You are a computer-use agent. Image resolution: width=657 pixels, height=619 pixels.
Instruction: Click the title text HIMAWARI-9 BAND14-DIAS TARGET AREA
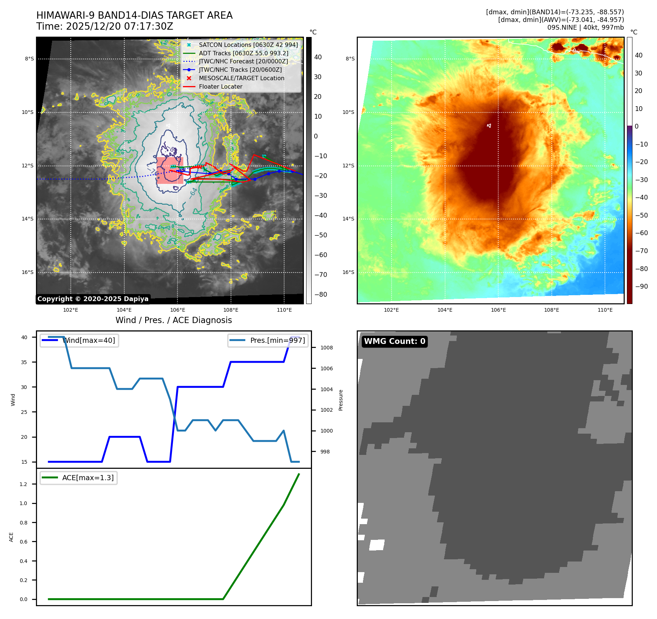134,15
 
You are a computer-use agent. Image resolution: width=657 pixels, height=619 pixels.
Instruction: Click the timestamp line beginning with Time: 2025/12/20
104,26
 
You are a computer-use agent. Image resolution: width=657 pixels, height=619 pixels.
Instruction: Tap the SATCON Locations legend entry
248,45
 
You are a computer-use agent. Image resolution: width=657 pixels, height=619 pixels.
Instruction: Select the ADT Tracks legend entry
243,53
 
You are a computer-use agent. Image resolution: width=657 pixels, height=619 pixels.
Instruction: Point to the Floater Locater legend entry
220,87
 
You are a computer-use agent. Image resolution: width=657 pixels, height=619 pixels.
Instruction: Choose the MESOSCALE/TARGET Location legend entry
241,78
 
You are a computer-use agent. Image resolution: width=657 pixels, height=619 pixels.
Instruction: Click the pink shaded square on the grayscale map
170,170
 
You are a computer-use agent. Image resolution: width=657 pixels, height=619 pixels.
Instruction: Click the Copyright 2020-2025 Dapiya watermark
93,299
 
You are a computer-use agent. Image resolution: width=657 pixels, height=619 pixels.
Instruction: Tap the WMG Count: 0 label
394,341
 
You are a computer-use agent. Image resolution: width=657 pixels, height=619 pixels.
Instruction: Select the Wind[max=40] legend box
79,341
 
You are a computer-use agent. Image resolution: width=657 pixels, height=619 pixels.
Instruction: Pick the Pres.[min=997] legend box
268,341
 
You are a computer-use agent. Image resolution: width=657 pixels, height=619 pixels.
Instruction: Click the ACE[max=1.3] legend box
78,478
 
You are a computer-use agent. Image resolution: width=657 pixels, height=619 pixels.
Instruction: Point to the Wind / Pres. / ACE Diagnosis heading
173,320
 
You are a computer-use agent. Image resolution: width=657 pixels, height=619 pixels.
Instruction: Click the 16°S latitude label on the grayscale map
27,272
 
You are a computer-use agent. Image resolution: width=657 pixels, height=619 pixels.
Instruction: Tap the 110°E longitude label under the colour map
605,310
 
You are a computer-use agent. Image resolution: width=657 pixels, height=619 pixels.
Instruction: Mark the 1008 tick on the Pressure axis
326,348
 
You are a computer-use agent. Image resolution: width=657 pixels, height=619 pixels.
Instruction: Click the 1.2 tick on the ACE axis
23,484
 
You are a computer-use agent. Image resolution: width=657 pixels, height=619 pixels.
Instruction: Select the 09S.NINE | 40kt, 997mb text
585,27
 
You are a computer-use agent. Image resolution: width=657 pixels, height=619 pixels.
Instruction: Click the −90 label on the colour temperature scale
641,286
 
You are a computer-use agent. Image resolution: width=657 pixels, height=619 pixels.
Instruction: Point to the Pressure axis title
341,400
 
